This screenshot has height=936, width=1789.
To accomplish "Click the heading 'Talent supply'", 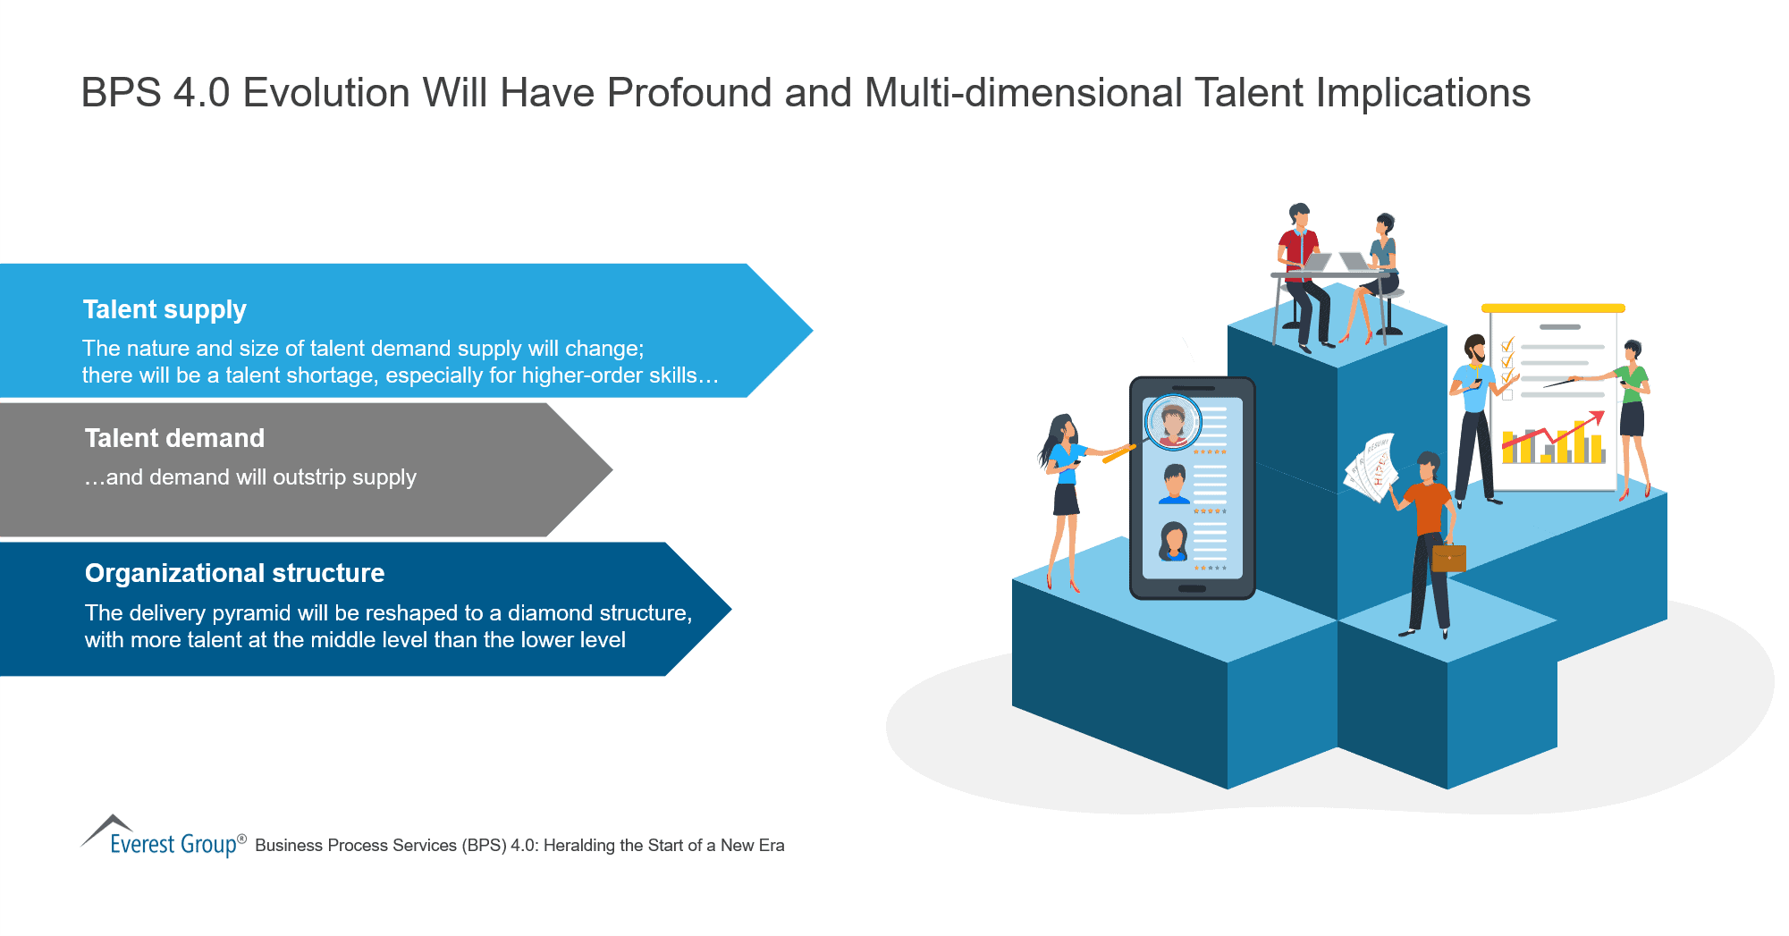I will pyautogui.click(x=165, y=309).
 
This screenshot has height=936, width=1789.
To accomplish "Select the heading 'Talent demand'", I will pyautogui.click(x=174, y=438).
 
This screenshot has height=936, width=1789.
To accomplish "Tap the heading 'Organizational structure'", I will pyautogui.click(x=234, y=573).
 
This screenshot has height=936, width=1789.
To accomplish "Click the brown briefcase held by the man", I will pyautogui.click(x=1448, y=558).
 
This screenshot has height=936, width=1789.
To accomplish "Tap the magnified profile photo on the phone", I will pyautogui.click(x=1172, y=421).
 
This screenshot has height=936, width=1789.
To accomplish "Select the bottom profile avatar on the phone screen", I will pyautogui.click(x=1173, y=542).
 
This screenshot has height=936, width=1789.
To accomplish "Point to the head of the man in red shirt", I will pyautogui.click(x=1299, y=215).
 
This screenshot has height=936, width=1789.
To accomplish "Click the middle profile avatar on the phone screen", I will pyautogui.click(x=1174, y=483).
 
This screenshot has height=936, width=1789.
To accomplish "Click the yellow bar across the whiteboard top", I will pyautogui.click(x=1553, y=308).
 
